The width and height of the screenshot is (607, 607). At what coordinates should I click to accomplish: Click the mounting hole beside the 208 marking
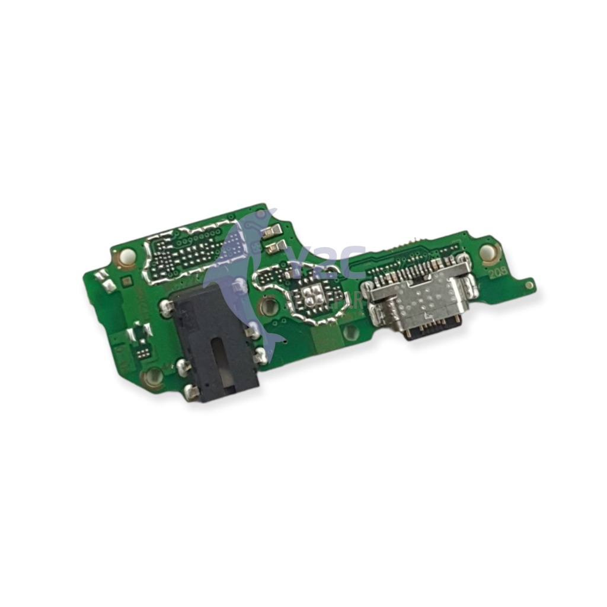pyautogui.click(x=490, y=253)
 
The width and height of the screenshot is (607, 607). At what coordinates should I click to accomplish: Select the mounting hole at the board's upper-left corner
pyautogui.click(x=127, y=256)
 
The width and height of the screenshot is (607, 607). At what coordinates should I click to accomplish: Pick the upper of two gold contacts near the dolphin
pyautogui.click(x=274, y=232)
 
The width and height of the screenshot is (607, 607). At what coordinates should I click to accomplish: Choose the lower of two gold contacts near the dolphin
pyautogui.click(x=274, y=247)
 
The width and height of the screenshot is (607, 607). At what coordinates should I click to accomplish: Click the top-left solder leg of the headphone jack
pyautogui.click(x=167, y=306)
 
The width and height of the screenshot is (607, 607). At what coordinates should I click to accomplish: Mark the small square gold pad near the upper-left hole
pyautogui.click(x=126, y=278)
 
